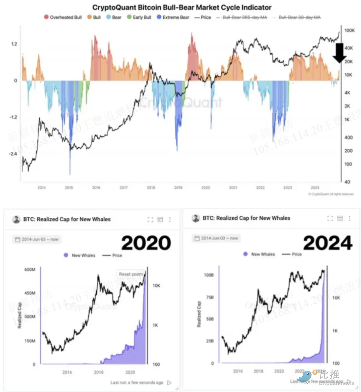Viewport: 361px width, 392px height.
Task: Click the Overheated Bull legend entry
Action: pos(63,17)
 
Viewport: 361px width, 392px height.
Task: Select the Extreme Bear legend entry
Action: pos(173,17)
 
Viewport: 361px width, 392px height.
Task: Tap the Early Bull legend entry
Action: pos(139,17)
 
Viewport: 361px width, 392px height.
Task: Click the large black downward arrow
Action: pos(339,53)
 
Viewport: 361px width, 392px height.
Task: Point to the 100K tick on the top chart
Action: pos(349,31)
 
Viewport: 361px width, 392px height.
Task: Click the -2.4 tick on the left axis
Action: pos(13,154)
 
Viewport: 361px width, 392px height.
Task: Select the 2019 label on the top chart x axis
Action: pos(178,188)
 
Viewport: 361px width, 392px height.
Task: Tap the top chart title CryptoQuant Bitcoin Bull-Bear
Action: pos(182,7)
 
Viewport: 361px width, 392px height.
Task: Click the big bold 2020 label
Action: pos(146,243)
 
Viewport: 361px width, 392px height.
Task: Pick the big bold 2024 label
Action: pos(328,243)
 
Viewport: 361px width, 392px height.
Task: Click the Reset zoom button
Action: pos(130,274)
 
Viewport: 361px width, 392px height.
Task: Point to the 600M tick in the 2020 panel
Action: pos(30,270)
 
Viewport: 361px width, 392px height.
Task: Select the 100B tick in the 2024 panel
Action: pos(209,275)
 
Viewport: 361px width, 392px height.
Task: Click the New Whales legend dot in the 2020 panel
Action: pos(66,255)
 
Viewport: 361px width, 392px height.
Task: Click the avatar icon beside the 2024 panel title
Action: pos(196,218)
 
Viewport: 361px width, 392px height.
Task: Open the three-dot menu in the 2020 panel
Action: pos(170,219)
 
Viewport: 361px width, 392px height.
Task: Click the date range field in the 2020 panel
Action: pos(36,239)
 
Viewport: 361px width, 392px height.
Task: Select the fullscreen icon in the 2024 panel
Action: pos(330,218)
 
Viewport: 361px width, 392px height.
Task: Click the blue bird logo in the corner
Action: pos(304,376)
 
